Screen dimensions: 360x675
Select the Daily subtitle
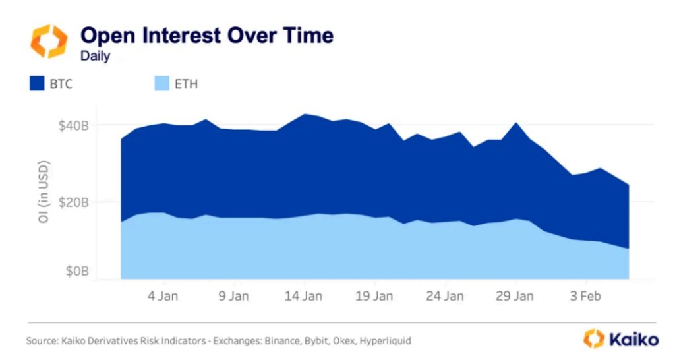click(95, 55)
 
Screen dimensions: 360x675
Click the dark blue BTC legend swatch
click(37, 84)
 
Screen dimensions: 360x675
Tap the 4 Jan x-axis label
click(161, 296)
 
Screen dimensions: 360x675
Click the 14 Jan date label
click(303, 296)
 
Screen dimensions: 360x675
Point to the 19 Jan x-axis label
click(374, 296)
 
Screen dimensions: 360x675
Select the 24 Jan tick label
click(445, 296)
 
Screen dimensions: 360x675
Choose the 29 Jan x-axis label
click(515, 296)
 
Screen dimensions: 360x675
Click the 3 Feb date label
click(585, 296)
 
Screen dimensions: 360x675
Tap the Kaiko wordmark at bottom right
click(633, 340)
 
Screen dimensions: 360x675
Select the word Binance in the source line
click(279, 341)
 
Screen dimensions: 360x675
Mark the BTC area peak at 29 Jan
click(516, 123)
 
